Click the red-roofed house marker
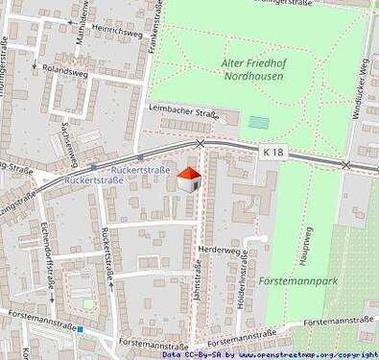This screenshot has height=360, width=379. click(189, 179)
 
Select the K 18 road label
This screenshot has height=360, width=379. click(272, 152)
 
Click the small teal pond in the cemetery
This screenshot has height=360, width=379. click(258, 123)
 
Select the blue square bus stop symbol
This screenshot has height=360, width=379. click(82, 329)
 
